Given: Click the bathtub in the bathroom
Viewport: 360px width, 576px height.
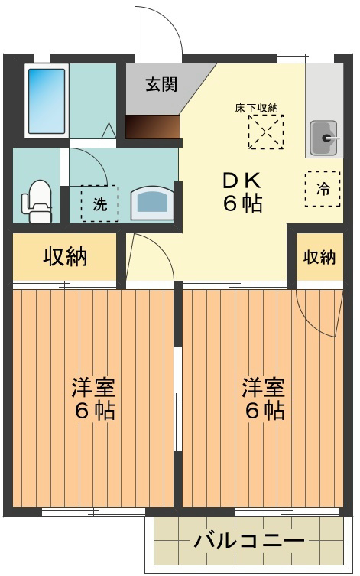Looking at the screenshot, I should [x=46, y=100].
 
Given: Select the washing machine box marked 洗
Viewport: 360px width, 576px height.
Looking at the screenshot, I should [x=99, y=203].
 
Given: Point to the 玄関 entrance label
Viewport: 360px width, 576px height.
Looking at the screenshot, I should [x=162, y=85].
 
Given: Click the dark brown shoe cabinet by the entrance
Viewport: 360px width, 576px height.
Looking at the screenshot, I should [x=153, y=127].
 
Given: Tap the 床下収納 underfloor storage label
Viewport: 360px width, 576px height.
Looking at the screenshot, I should [x=256, y=108].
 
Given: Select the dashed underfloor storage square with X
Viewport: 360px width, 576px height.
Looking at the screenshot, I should [x=265, y=132].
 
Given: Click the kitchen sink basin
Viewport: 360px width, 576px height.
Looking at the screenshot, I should [x=324, y=138].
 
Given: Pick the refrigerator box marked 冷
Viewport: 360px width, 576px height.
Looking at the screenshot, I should [x=323, y=189].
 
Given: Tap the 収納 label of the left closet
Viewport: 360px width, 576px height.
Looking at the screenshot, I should [x=64, y=257].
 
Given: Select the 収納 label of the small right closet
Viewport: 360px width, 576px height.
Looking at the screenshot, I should [x=319, y=257].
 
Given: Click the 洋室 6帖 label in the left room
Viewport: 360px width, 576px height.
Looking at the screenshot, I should [x=93, y=399].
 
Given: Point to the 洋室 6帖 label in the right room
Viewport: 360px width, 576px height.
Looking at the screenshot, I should [x=264, y=399].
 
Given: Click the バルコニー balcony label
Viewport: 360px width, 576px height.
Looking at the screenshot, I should [x=249, y=542].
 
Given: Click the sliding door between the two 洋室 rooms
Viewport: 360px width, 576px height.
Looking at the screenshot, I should [x=177, y=398].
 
